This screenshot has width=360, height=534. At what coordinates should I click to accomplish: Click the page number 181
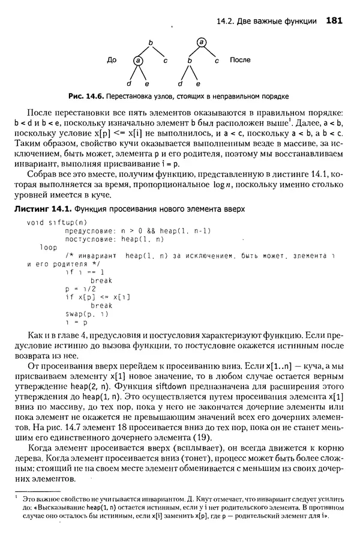[x=334, y=21]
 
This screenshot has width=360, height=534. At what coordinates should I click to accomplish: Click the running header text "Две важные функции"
[x=278, y=22]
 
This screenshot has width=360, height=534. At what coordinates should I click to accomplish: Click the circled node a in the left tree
[x=139, y=61]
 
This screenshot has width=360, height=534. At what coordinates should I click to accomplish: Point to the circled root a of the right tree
[x=202, y=41]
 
